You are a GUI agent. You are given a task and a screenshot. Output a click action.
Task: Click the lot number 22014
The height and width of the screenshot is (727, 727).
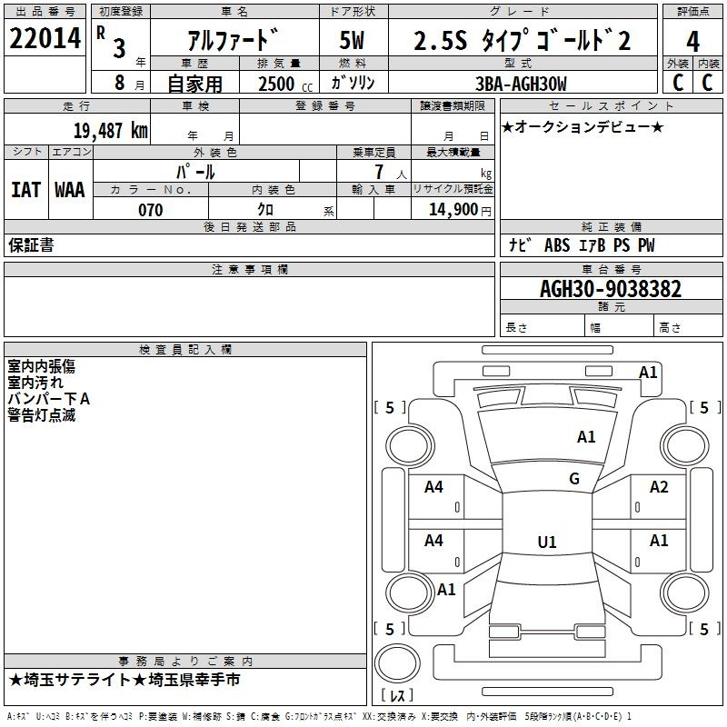[x=45, y=38]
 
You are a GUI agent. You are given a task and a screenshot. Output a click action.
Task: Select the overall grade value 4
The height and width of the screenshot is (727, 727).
[x=692, y=42]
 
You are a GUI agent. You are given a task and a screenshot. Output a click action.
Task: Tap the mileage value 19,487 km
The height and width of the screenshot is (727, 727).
[x=111, y=131]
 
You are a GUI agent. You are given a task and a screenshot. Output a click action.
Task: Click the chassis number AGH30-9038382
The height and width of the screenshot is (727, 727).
[x=611, y=289]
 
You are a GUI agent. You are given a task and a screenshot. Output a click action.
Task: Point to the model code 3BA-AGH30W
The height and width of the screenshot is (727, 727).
[x=521, y=84]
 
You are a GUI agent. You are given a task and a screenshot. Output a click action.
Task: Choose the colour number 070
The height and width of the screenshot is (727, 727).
[x=151, y=210]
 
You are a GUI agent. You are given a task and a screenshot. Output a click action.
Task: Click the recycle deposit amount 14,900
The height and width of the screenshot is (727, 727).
[x=453, y=210]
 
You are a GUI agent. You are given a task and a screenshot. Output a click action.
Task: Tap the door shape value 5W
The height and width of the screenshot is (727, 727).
[x=352, y=40]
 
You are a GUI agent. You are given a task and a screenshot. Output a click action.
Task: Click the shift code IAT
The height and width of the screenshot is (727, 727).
[x=25, y=190]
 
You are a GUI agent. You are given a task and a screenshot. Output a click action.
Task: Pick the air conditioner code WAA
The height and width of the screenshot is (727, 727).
[x=70, y=190]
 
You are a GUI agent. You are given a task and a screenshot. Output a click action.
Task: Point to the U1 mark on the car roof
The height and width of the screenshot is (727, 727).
[x=547, y=542]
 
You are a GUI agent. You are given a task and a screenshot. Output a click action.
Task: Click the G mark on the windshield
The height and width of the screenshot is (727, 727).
[x=574, y=479]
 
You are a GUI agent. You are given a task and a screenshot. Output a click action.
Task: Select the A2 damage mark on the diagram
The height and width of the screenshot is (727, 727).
[x=659, y=487]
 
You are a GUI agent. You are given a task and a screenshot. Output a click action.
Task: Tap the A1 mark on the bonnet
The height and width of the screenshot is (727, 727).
[x=586, y=437]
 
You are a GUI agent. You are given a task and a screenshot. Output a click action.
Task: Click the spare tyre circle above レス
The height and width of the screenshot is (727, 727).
[x=397, y=663]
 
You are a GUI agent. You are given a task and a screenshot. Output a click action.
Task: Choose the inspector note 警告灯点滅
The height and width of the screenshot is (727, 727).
[x=42, y=415]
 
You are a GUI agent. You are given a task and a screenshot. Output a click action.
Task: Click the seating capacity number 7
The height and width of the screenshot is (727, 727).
[x=379, y=172]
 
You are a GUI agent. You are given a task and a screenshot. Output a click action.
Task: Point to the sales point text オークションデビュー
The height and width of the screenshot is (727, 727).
[x=583, y=126]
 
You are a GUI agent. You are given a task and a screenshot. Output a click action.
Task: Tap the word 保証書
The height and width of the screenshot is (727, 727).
[x=31, y=245]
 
